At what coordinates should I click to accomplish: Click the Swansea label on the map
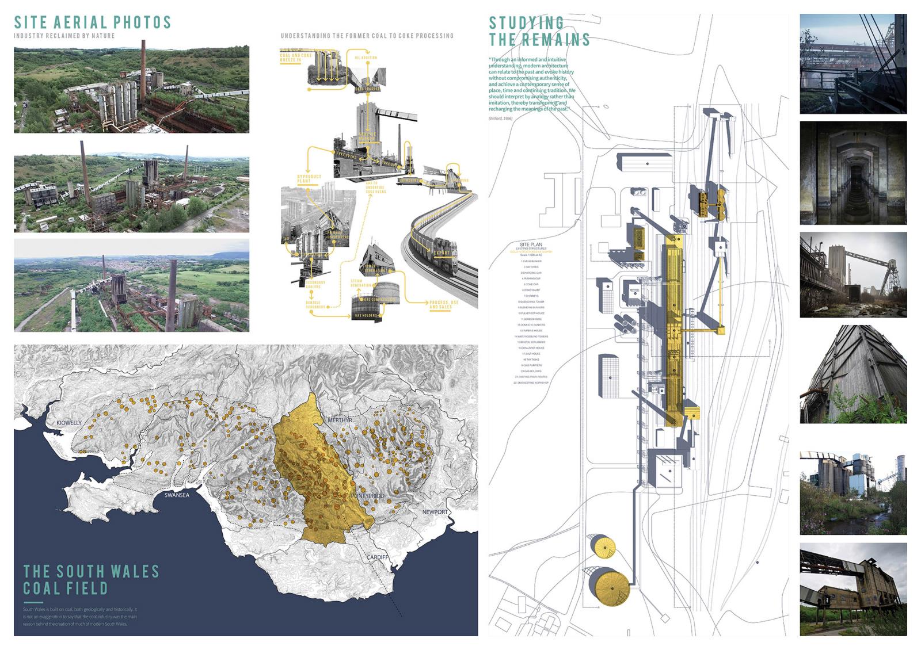coord(177,495)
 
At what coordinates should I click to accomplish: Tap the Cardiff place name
coord(378,558)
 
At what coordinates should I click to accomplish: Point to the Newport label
coord(435,512)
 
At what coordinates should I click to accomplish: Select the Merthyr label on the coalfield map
coord(339,420)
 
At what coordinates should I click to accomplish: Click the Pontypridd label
coord(367,495)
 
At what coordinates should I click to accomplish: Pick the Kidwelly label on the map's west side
coord(69,423)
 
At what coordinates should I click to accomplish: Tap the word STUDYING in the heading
coord(526,23)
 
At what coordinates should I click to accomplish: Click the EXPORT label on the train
coord(442,253)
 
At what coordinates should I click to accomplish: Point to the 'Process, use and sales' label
coord(444,304)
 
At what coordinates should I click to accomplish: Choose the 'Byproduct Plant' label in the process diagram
coord(310,178)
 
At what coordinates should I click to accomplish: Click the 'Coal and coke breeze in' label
coord(296,58)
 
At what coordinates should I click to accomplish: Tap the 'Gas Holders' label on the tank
coord(366,316)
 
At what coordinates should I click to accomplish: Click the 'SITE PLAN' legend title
coord(530,244)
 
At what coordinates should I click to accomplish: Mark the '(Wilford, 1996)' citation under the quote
coord(501,118)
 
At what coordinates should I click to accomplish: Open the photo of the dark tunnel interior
coord(853,173)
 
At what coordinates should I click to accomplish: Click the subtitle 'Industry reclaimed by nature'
coord(64,36)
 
